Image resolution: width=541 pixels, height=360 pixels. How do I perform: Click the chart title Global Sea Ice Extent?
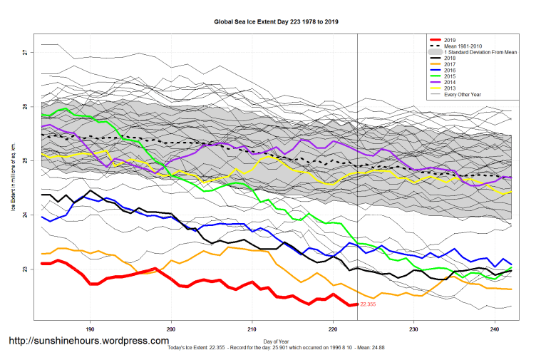(277, 22)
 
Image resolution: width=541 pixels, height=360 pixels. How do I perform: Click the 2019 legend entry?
(450, 40)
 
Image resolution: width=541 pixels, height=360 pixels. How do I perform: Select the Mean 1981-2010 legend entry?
(465, 46)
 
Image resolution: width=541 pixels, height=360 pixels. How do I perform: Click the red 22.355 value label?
(368, 304)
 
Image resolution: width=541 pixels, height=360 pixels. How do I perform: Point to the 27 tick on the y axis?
(24, 53)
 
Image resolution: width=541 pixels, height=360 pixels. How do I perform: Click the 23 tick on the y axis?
(24, 269)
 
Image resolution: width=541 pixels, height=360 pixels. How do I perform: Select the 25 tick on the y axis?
(24, 161)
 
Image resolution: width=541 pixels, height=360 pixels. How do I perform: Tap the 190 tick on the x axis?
(91, 330)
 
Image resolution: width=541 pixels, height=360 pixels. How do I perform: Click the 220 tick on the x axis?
(333, 330)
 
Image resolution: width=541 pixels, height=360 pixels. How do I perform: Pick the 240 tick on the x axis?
(495, 330)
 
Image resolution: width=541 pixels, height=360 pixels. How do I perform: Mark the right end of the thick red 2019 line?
(356, 304)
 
